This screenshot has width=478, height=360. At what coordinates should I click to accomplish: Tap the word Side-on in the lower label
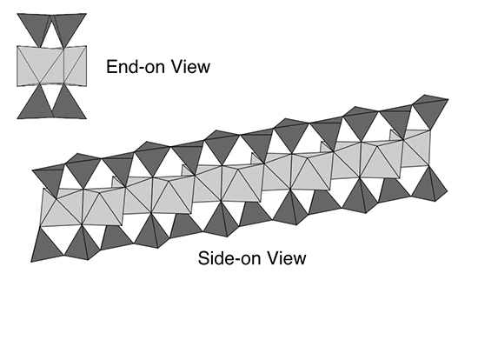tap(229, 257)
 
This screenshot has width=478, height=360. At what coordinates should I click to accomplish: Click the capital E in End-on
tap(111, 66)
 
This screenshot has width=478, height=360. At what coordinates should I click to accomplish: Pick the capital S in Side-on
tap(203, 258)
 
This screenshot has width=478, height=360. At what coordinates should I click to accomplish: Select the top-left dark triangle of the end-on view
tap(34, 26)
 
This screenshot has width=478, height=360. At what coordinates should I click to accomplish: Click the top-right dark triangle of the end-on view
tap(70, 26)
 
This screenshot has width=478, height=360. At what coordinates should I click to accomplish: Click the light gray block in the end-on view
tap(52, 65)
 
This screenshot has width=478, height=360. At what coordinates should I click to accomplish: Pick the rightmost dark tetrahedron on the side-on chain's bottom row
tap(430, 186)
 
